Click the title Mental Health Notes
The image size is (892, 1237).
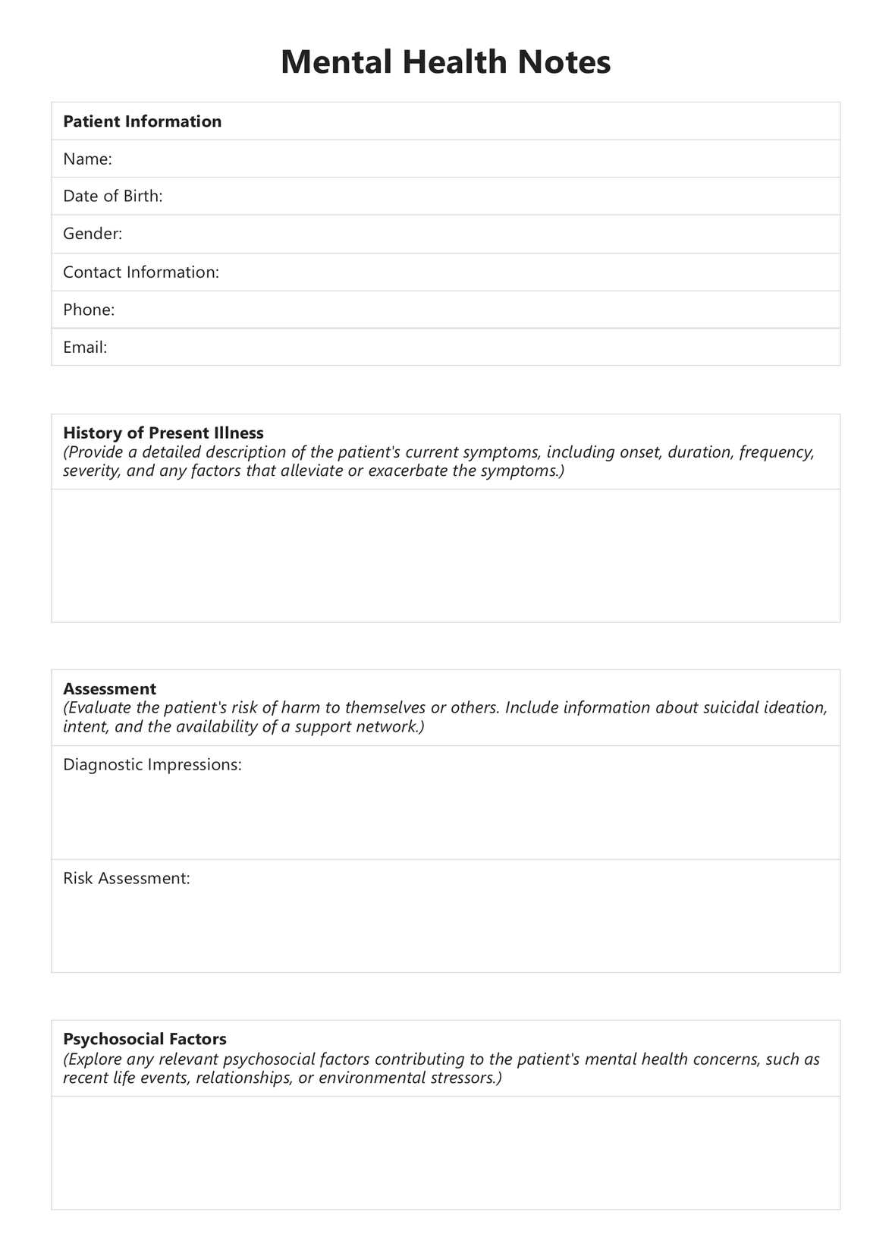[x=445, y=61]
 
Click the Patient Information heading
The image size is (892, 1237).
[x=142, y=121]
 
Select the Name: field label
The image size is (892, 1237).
[x=87, y=159]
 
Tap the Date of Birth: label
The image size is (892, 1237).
[x=112, y=196]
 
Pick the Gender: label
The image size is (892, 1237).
[x=93, y=233]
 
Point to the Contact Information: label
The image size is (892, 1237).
[x=140, y=272]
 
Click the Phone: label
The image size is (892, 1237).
[x=89, y=309]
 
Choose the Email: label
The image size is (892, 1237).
[x=85, y=347]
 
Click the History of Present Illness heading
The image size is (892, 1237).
[x=163, y=433]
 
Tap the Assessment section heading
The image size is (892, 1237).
[x=109, y=688]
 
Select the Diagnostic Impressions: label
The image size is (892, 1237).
[x=152, y=764]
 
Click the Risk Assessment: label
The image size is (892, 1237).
[x=126, y=878]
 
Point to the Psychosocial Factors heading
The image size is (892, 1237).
[x=144, y=1039]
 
